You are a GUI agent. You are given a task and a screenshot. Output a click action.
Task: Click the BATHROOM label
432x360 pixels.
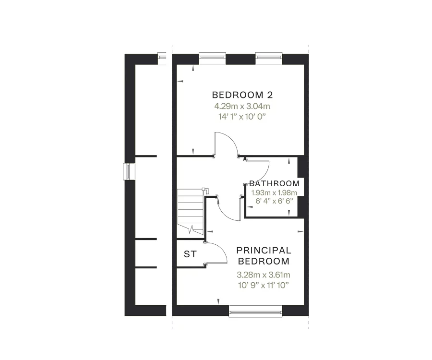(274, 183)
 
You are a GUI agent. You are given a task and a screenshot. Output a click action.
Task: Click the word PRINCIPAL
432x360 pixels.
(264, 250)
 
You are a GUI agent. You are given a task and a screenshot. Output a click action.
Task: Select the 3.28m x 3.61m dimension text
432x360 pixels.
(264, 275)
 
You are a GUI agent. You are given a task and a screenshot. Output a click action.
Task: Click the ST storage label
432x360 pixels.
(190, 254)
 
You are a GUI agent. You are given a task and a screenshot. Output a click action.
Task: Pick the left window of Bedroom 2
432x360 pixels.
(212, 58)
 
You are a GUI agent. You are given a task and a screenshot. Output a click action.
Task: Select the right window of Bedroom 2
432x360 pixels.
(269, 58)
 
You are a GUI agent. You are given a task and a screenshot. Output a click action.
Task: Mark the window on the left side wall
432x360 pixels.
(128, 172)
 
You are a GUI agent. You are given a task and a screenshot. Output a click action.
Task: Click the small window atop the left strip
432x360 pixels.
(163, 59)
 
